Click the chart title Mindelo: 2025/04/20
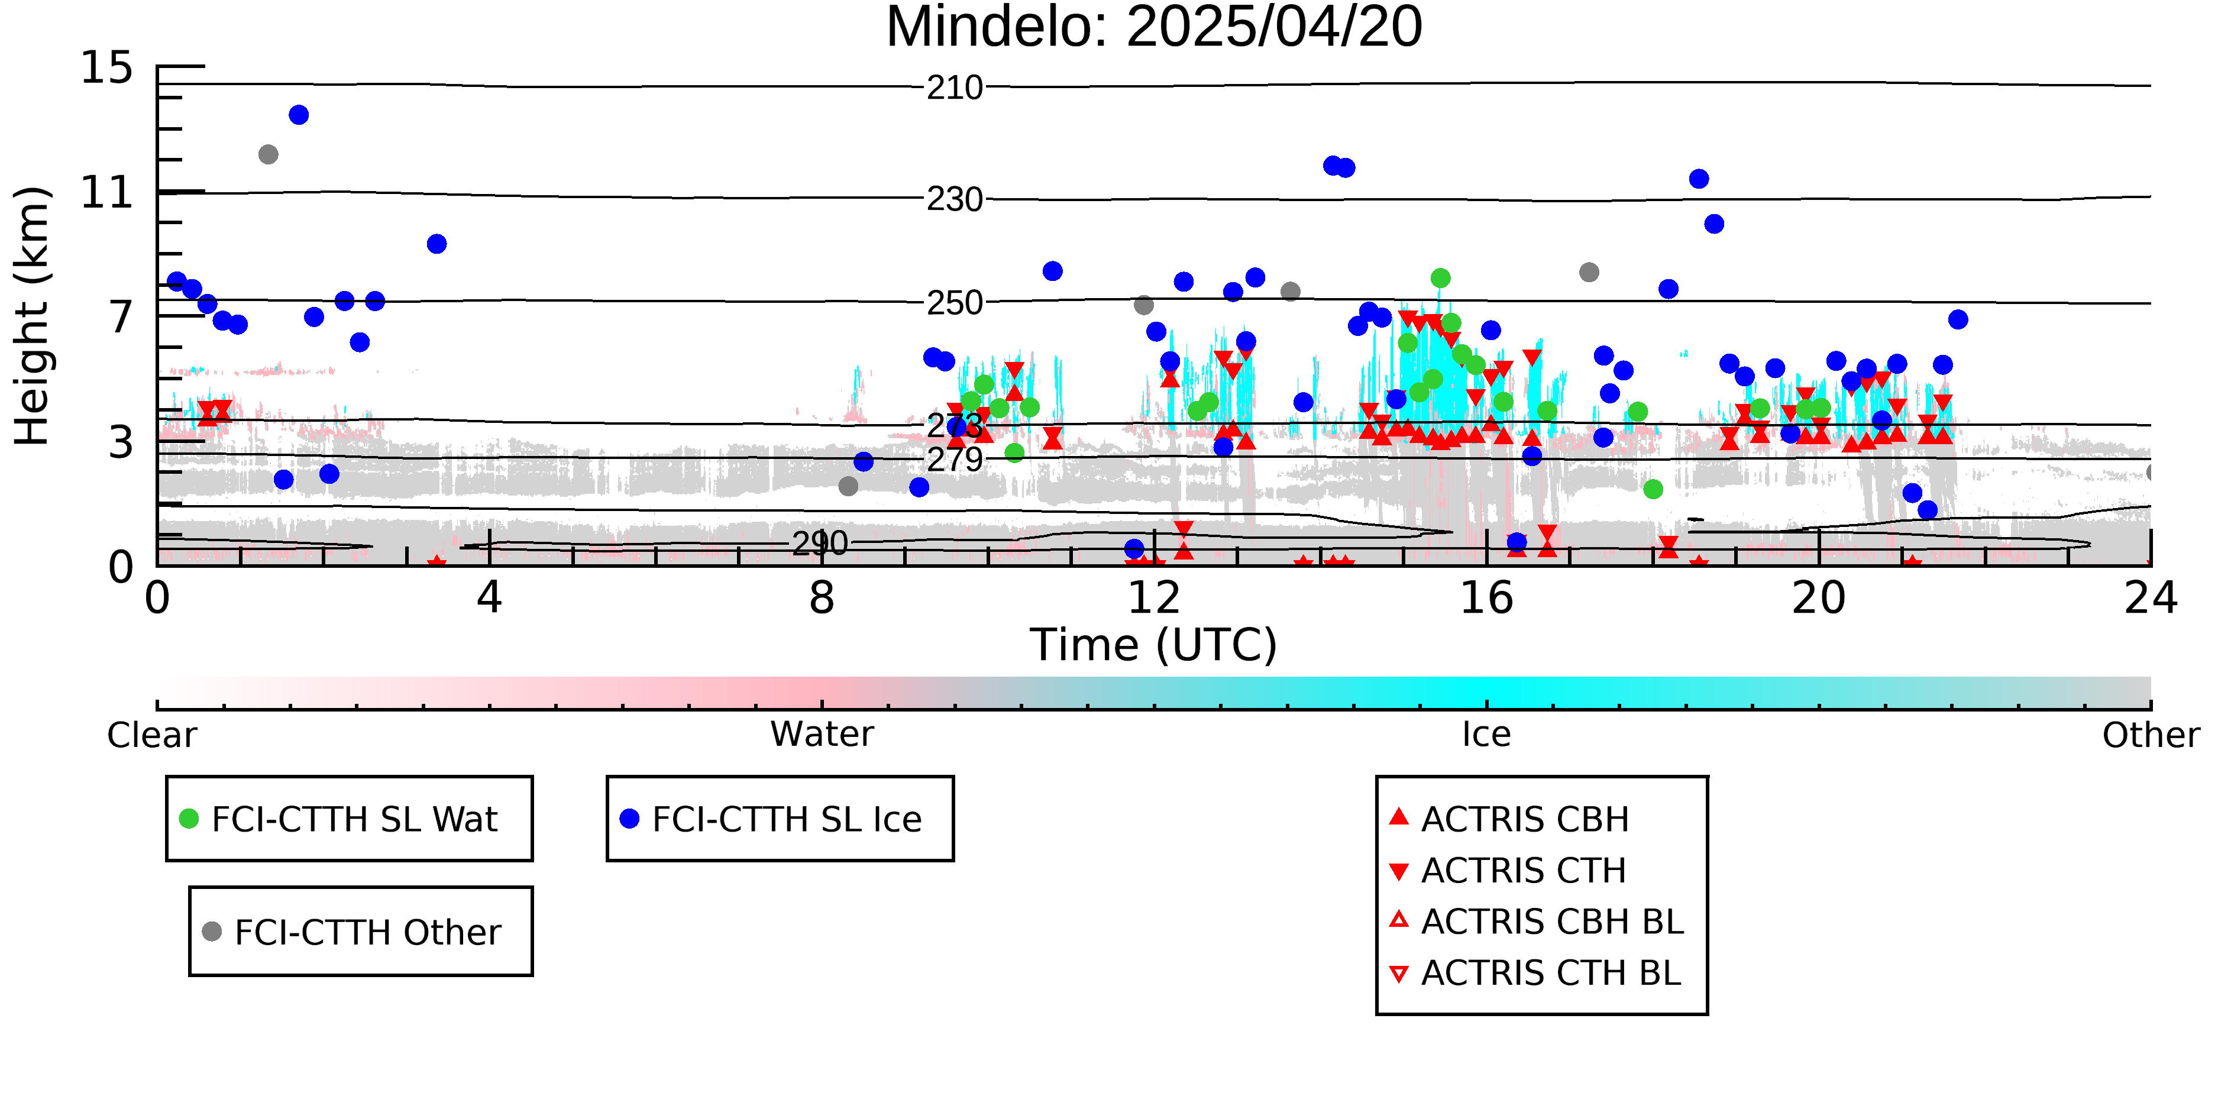(x=1154, y=28)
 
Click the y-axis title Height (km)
(x=33, y=316)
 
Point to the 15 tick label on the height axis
(x=107, y=68)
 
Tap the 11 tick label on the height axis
(x=107, y=193)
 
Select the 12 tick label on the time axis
(x=1154, y=599)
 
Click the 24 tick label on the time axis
(x=2150, y=599)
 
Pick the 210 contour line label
(x=954, y=88)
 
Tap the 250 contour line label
(x=954, y=303)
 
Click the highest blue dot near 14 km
(x=299, y=115)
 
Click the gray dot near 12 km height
(x=269, y=155)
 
